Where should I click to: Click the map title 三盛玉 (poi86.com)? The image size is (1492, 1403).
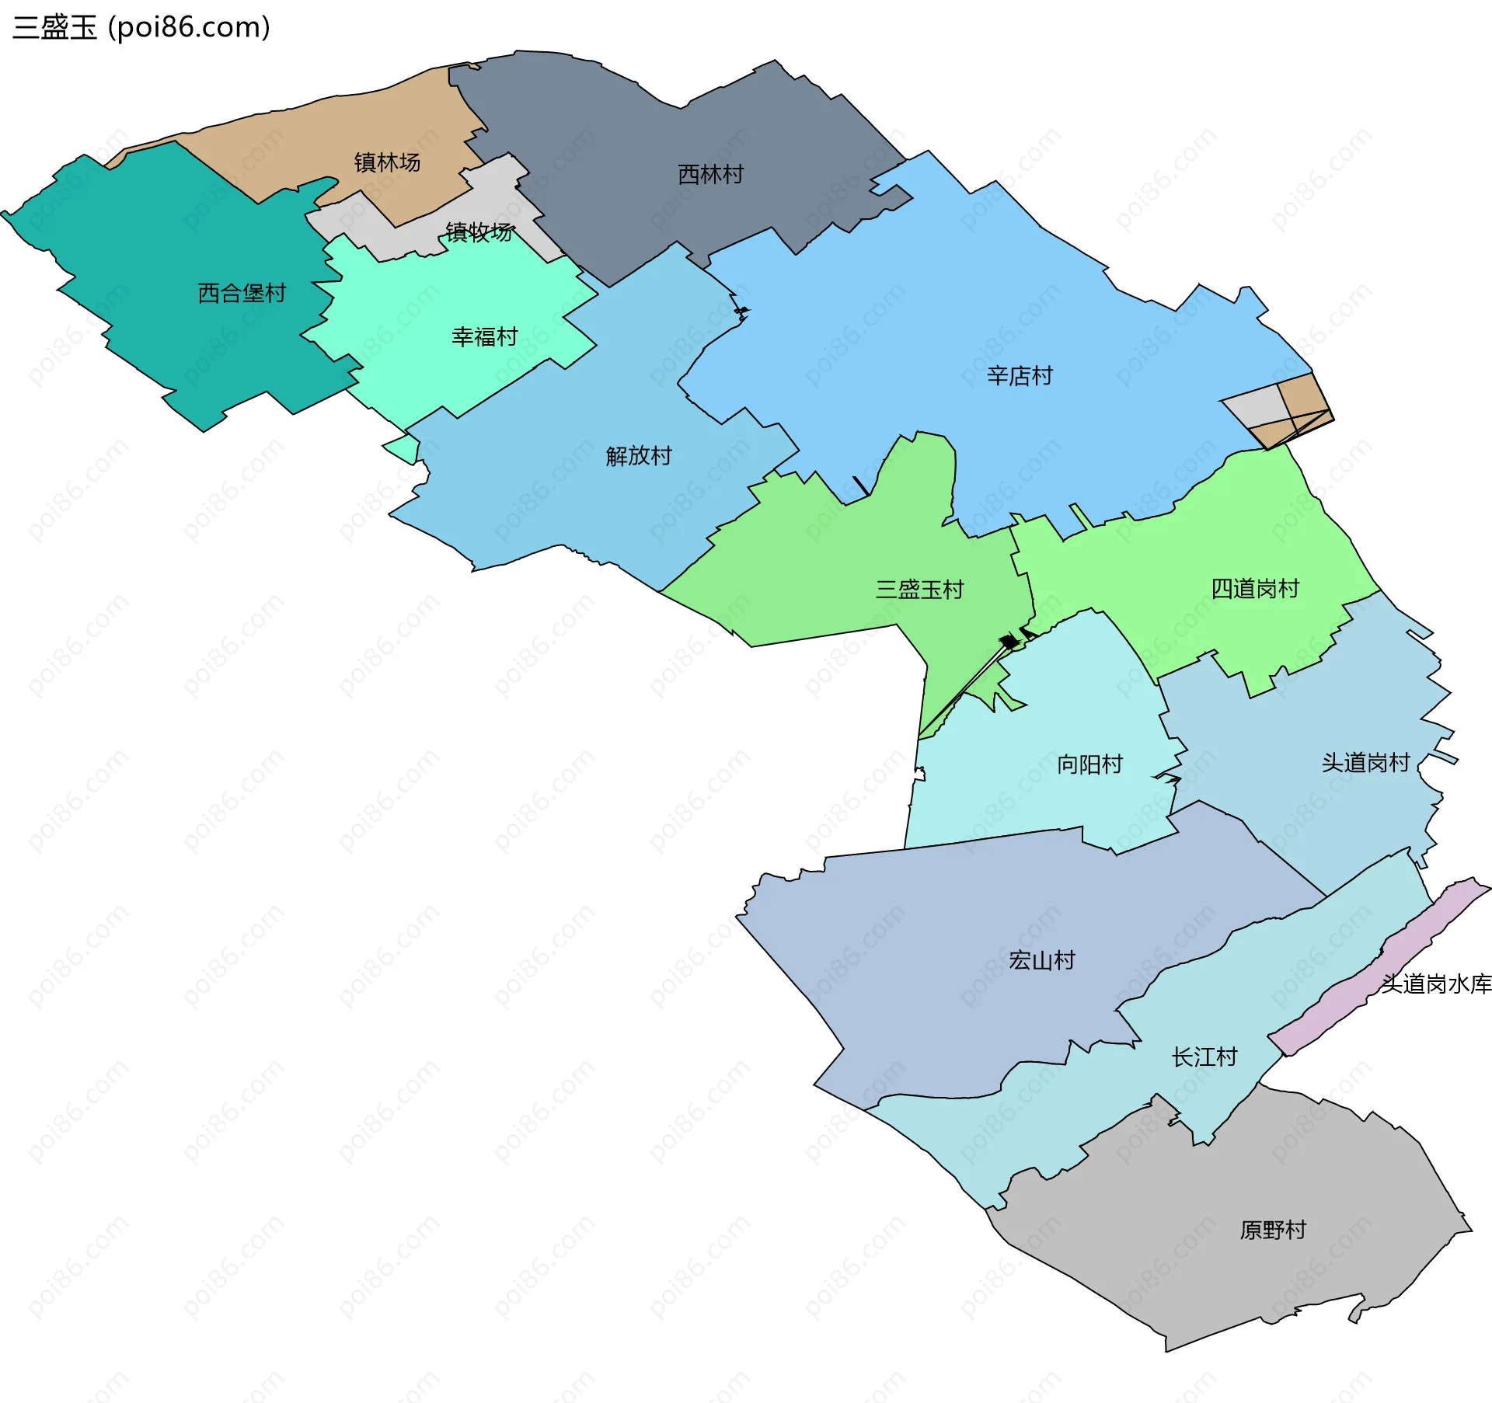pyautogui.click(x=141, y=27)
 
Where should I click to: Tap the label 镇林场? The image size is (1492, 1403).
pyautogui.click(x=387, y=162)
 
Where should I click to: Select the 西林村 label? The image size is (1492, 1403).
pyautogui.click(x=710, y=175)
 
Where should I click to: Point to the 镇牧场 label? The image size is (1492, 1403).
pyautogui.click(x=479, y=232)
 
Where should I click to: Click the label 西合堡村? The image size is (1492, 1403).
pyautogui.click(x=242, y=294)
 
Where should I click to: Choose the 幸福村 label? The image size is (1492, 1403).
pyautogui.click(x=484, y=337)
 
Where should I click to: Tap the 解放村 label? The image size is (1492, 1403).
pyautogui.click(x=639, y=456)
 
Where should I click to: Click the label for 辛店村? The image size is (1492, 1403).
pyautogui.click(x=1020, y=377)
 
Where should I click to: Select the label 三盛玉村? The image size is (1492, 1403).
pyautogui.click(x=919, y=590)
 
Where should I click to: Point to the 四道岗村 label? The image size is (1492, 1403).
pyautogui.click(x=1255, y=589)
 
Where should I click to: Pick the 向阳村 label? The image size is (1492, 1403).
pyautogui.click(x=1089, y=764)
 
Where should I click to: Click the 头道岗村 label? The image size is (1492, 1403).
pyautogui.click(x=1365, y=763)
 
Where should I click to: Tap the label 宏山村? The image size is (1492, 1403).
pyautogui.click(x=1041, y=961)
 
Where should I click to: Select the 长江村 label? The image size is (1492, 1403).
pyautogui.click(x=1204, y=1057)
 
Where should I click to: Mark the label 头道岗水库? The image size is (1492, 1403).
pyautogui.click(x=1436, y=984)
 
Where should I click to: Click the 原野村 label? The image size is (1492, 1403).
pyautogui.click(x=1273, y=1231)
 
